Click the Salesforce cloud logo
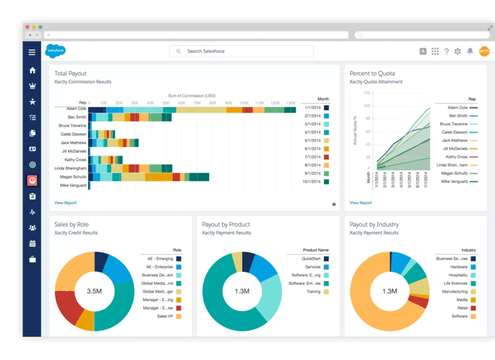(x=56, y=51)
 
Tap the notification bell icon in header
(x=469, y=51)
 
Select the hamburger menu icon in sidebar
(x=32, y=52)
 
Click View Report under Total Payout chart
(x=65, y=203)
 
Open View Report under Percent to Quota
(x=360, y=203)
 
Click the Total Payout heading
(x=70, y=73)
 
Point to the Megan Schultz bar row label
(x=73, y=176)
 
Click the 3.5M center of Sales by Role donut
(x=94, y=291)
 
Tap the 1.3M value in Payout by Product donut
(x=241, y=291)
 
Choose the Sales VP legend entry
(x=166, y=317)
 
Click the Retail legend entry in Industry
(x=461, y=307)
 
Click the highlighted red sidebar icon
(x=32, y=180)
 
